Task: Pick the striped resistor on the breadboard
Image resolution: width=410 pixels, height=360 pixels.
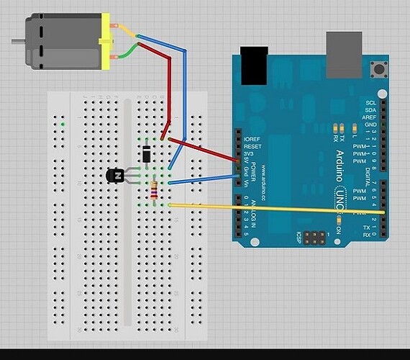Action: pos(153,190)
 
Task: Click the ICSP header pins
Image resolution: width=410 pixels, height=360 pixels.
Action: pos(314,236)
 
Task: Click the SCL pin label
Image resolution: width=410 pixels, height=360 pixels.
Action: pos(371,104)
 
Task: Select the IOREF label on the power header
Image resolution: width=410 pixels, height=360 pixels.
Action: pos(251,138)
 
